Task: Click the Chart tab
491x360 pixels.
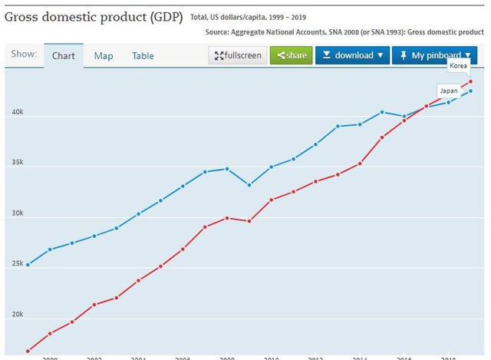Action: pos(63,56)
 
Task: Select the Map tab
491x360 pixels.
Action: pos(104,56)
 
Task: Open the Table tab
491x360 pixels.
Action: pos(143,56)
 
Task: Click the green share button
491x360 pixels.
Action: pos(291,55)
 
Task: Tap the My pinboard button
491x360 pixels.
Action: pos(433,55)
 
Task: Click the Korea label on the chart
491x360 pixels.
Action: pos(459,65)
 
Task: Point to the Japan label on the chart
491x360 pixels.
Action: pos(449,91)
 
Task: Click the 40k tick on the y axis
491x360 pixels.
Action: pos(16,113)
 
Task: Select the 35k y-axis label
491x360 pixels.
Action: pos(16,163)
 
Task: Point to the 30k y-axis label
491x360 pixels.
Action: pos(16,214)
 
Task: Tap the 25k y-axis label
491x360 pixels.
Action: pos(16,265)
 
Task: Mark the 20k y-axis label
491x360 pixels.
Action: pos(16,315)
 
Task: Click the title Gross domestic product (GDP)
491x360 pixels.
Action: pos(93,15)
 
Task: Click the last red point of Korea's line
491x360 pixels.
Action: pos(470,81)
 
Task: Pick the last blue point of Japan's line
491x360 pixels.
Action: pos(470,91)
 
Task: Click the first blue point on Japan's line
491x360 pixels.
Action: pos(28,265)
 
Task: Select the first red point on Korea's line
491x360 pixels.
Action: pos(28,352)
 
